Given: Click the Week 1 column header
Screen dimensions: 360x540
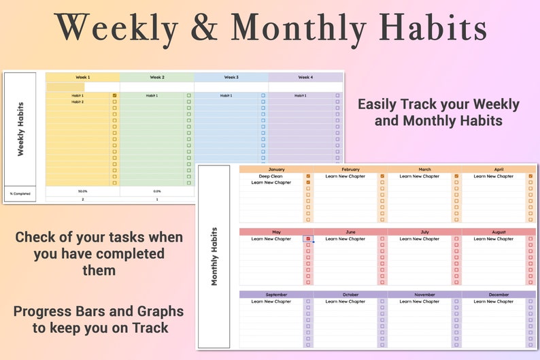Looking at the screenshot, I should click(x=82, y=78).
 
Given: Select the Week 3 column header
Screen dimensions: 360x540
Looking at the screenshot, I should click(x=231, y=78).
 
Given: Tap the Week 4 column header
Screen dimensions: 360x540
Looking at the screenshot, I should click(x=306, y=78).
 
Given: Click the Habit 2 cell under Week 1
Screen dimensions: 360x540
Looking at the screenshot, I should click(x=78, y=102).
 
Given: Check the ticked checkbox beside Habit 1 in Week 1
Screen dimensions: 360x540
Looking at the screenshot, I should click(x=114, y=96).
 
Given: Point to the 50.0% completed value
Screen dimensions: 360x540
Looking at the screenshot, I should click(x=82, y=192).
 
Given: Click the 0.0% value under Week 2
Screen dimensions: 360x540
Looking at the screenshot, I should click(x=157, y=192).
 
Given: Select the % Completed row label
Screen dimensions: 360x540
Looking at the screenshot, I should click(x=20, y=194).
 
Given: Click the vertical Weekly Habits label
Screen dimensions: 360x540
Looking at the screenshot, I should click(x=20, y=129).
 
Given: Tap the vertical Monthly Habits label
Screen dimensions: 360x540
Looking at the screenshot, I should click(x=214, y=256).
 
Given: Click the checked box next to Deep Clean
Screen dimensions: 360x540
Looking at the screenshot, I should click(x=308, y=176).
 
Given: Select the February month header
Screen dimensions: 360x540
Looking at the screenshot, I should click(x=350, y=169).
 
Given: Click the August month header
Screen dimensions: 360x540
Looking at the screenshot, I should click(x=499, y=232).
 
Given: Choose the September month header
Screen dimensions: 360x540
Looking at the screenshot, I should click(x=276, y=295).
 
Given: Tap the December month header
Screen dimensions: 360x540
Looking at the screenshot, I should click(x=499, y=295).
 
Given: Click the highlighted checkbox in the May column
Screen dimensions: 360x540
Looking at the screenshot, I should click(x=308, y=239).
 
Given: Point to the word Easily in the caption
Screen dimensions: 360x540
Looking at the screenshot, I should click(x=377, y=105).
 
